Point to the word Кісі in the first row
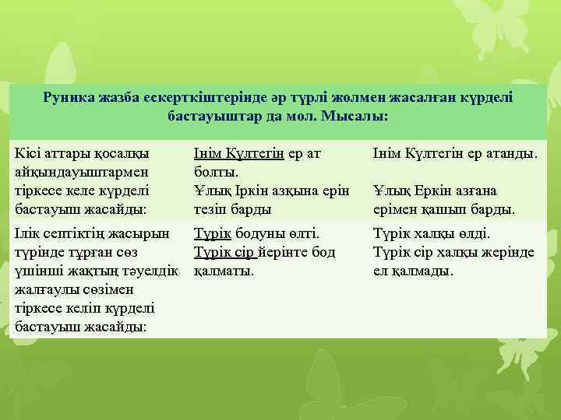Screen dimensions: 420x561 click(28, 152)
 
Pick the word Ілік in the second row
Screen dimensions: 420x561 click(29, 233)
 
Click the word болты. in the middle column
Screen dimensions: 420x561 click(215, 171)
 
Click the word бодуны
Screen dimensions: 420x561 click(260, 233)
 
